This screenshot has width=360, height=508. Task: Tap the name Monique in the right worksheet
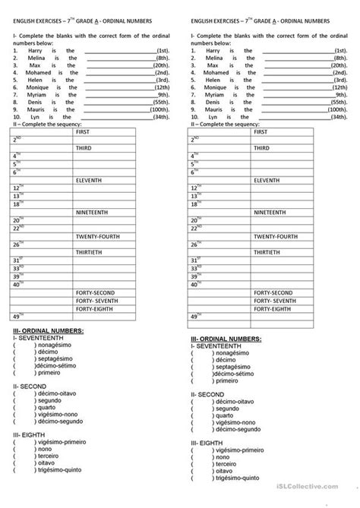coord(215,87)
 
